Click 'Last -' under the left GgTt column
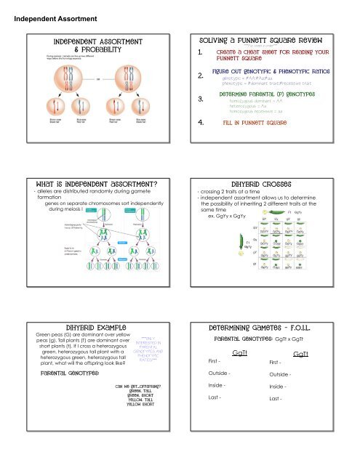(x=215, y=440)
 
